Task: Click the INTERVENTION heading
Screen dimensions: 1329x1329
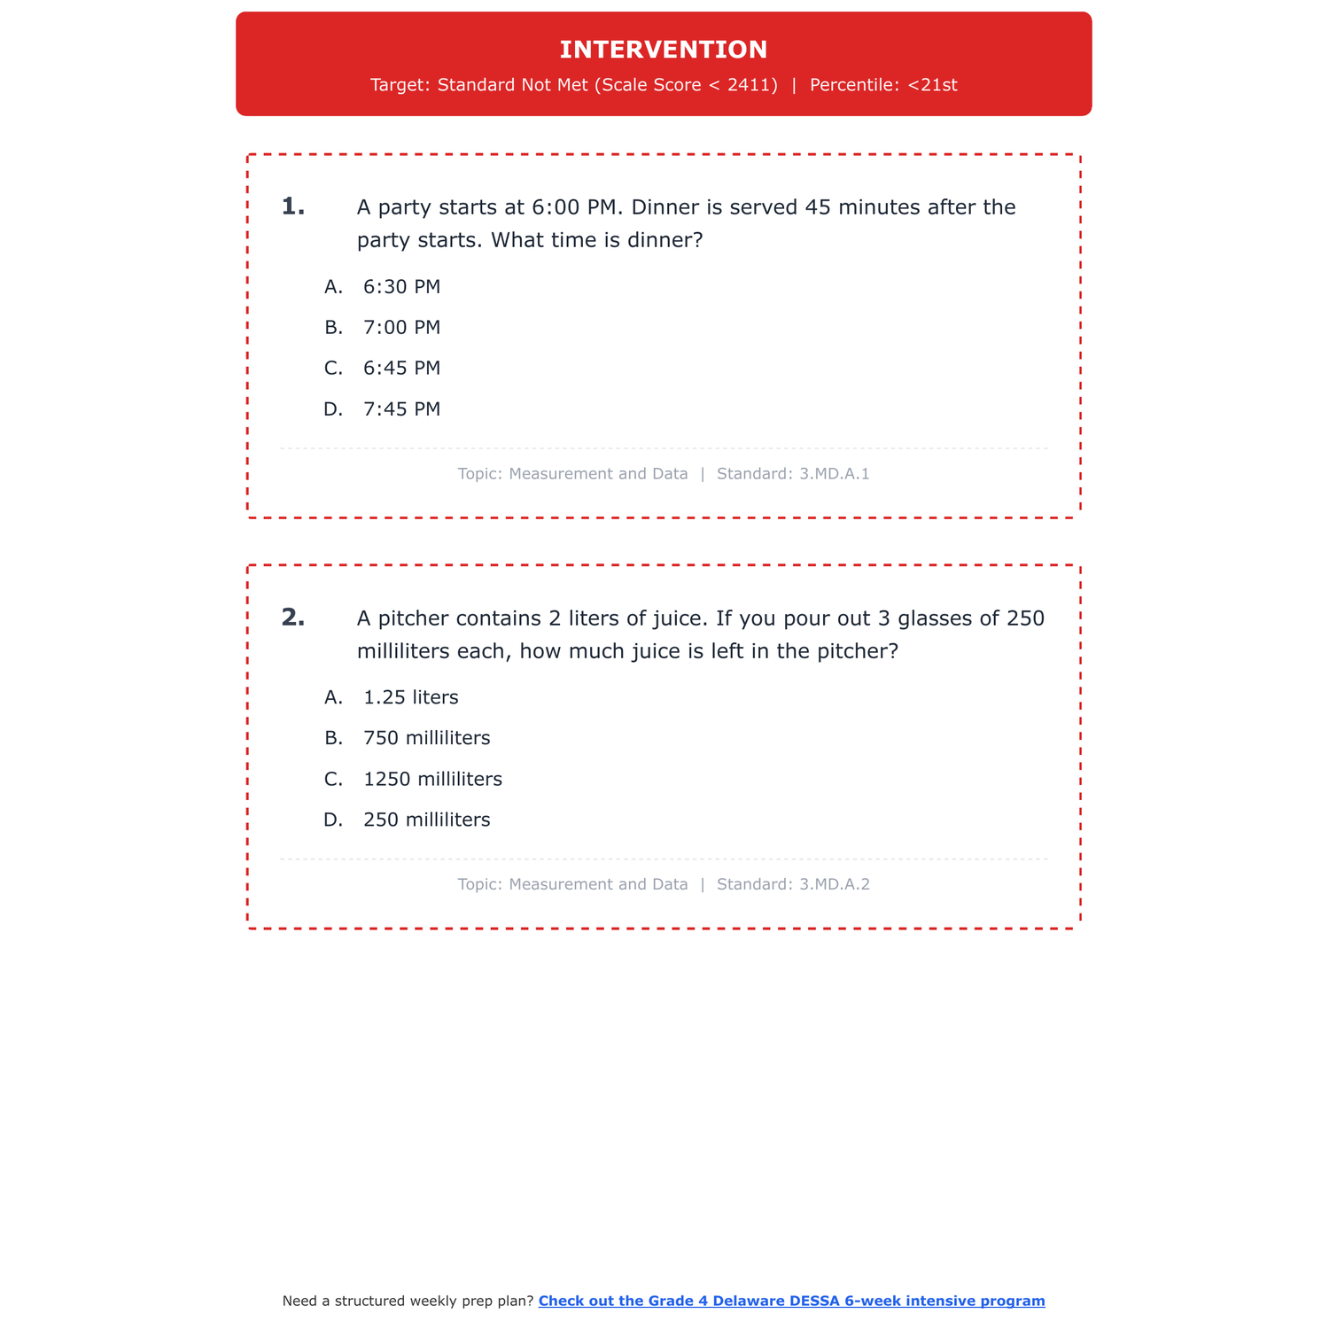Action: click(664, 50)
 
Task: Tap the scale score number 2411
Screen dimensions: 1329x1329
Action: click(752, 85)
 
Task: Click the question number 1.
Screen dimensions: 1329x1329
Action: click(292, 207)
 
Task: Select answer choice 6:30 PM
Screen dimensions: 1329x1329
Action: click(401, 287)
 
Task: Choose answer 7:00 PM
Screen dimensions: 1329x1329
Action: click(401, 328)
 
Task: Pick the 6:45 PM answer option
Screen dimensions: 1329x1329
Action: click(401, 369)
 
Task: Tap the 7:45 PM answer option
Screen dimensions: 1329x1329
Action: click(401, 409)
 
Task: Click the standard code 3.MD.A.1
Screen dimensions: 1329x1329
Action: click(834, 474)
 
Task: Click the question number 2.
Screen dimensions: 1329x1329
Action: click(292, 618)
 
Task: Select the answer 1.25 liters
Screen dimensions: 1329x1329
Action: click(411, 698)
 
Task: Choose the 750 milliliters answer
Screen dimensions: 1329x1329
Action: click(426, 739)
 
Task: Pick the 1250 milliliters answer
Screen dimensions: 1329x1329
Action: click(432, 780)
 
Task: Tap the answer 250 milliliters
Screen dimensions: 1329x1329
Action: click(426, 820)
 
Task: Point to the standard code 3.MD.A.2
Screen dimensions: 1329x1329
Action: click(834, 884)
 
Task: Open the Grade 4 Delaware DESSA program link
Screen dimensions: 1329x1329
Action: click(791, 1301)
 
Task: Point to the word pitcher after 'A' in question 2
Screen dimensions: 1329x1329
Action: click(414, 618)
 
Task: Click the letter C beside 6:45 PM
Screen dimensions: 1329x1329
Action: click(333, 369)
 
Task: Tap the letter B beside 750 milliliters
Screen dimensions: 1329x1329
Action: click(333, 739)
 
